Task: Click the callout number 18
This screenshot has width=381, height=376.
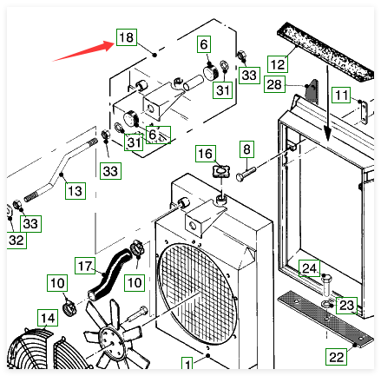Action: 127,37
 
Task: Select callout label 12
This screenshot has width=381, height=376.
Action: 278,64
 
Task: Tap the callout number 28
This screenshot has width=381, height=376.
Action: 274,84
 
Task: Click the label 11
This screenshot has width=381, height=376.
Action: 341,95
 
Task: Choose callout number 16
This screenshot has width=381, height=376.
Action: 206,154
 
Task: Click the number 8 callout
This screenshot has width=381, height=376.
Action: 246,149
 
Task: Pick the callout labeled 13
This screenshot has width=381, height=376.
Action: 76,191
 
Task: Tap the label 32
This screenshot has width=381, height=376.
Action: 16,240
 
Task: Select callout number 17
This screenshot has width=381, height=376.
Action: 85,266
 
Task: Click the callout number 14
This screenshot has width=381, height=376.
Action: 48,318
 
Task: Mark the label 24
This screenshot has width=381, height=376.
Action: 310,268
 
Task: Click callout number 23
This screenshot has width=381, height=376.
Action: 346,305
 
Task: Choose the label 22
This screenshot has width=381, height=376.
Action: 336,357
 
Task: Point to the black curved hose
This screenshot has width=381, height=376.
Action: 108,272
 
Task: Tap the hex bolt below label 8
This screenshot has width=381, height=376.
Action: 246,173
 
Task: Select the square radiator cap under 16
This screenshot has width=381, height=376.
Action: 221,171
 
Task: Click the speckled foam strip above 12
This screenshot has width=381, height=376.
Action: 325,51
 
